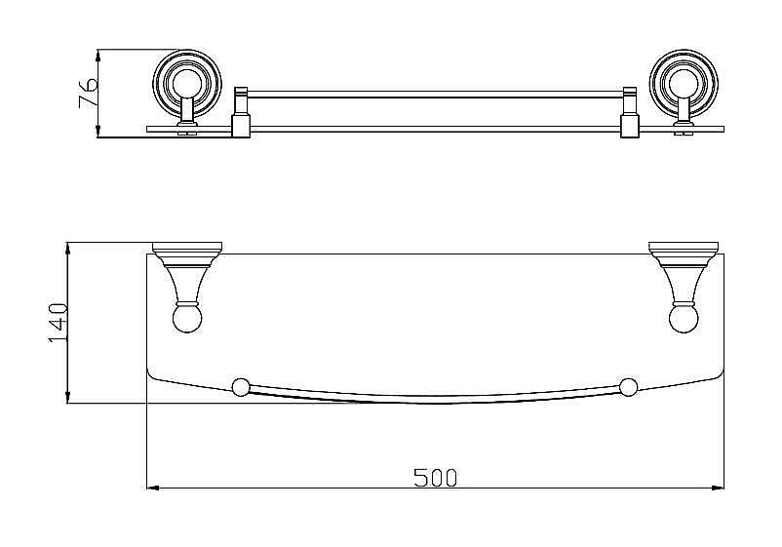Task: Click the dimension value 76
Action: pyautogui.click(x=88, y=92)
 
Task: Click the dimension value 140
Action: pyautogui.click(x=58, y=323)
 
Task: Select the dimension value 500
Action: pyautogui.click(x=435, y=478)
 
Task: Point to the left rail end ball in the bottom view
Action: pyautogui.click(x=241, y=387)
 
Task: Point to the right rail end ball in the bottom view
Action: pyautogui.click(x=628, y=387)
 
